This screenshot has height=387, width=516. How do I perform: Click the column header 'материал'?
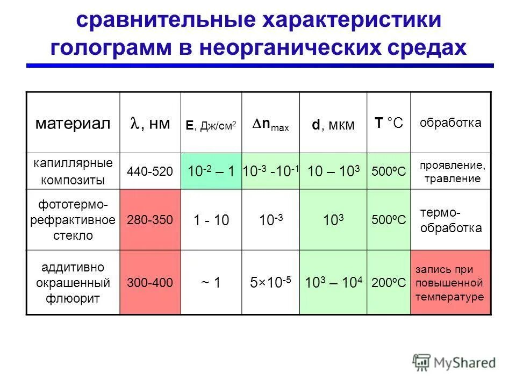click(73, 124)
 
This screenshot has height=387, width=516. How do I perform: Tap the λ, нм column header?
click(150, 124)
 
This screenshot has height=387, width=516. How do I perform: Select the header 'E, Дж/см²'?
click(211, 125)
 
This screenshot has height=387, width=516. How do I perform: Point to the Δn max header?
click(271, 125)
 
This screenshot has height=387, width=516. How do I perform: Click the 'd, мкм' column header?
click(333, 125)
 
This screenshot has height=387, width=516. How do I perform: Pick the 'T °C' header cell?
click(389, 124)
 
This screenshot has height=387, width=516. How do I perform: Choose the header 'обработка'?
click(450, 123)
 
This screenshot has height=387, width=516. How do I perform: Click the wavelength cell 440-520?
click(150, 171)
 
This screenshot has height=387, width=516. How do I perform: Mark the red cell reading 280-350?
click(150, 220)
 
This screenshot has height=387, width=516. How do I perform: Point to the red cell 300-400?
click(150, 282)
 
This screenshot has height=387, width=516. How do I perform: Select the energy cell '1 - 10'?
click(211, 220)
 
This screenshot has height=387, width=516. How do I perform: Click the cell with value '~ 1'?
click(211, 282)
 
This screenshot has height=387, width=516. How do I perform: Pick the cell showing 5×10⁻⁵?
click(271, 282)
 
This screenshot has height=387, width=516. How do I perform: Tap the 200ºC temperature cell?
click(389, 283)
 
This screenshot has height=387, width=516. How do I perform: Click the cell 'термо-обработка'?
click(450, 220)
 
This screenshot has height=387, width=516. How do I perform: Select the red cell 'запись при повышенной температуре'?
click(450, 283)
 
